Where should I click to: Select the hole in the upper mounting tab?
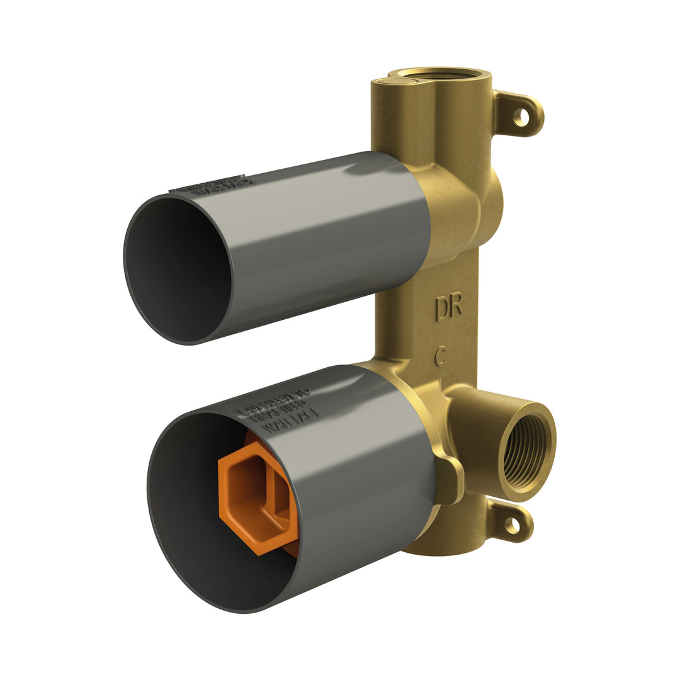coord(521,116)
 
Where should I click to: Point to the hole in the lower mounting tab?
coord(512,526)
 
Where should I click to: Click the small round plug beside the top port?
coord(385,81)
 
